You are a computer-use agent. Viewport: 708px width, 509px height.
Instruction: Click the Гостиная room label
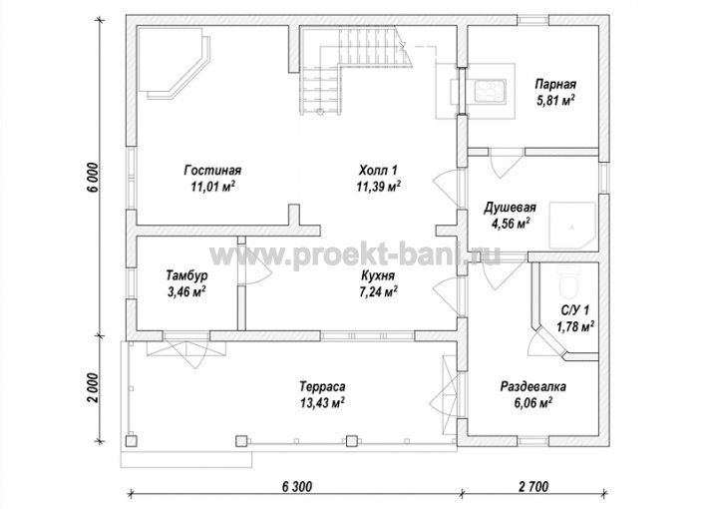(x=212, y=171)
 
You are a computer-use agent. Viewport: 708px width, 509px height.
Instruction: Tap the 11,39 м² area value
(x=378, y=187)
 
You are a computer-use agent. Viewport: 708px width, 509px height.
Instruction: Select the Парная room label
(x=555, y=85)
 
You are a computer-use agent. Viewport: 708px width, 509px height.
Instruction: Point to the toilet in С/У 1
(x=567, y=280)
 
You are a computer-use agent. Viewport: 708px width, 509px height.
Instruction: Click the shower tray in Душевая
(x=572, y=226)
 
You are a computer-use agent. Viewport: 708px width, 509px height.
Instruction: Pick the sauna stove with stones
(x=488, y=91)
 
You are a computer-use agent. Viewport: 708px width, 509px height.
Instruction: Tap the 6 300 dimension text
(x=297, y=486)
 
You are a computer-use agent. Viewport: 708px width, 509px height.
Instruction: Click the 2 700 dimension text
(x=534, y=486)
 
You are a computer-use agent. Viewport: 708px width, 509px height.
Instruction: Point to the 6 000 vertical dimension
(x=92, y=177)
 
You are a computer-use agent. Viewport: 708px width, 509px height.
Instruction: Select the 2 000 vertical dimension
(x=92, y=388)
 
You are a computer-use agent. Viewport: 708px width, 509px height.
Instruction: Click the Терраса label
(x=322, y=386)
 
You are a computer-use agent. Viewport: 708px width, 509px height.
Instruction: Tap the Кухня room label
(x=378, y=275)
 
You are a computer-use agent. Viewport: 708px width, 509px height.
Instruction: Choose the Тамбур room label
(x=186, y=275)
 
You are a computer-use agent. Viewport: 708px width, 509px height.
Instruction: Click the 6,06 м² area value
(x=533, y=402)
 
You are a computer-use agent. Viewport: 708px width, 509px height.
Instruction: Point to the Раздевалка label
(x=533, y=387)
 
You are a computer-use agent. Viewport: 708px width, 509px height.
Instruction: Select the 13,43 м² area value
(x=322, y=402)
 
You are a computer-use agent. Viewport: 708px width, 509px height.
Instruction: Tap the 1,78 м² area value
(x=574, y=326)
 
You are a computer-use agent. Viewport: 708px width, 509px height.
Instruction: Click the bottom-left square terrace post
(x=132, y=441)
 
